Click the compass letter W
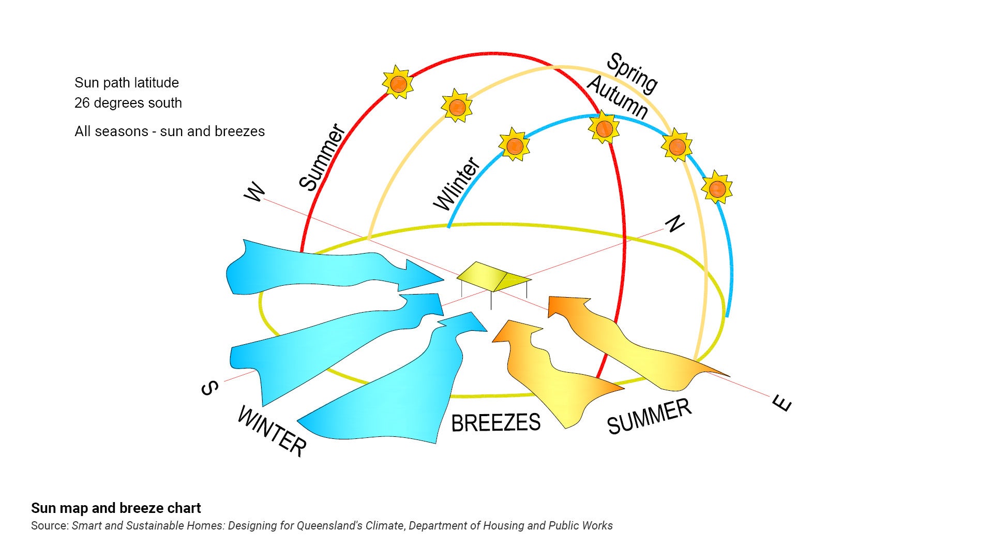click(x=255, y=193)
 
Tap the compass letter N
click(x=674, y=224)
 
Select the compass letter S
click(x=209, y=388)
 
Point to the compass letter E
click(x=782, y=403)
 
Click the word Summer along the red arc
click(x=322, y=157)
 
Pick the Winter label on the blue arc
click(x=457, y=184)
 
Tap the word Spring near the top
click(x=632, y=73)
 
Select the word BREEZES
click(x=495, y=423)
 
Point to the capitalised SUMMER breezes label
click(x=649, y=417)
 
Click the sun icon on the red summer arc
click(x=398, y=83)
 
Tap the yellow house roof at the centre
click(x=491, y=275)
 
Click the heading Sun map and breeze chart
click(x=116, y=508)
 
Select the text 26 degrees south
click(x=128, y=103)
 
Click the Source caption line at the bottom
click(x=322, y=526)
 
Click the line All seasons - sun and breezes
click(x=170, y=131)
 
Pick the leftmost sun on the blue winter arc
click(x=514, y=145)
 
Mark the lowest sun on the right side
click(x=717, y=188)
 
